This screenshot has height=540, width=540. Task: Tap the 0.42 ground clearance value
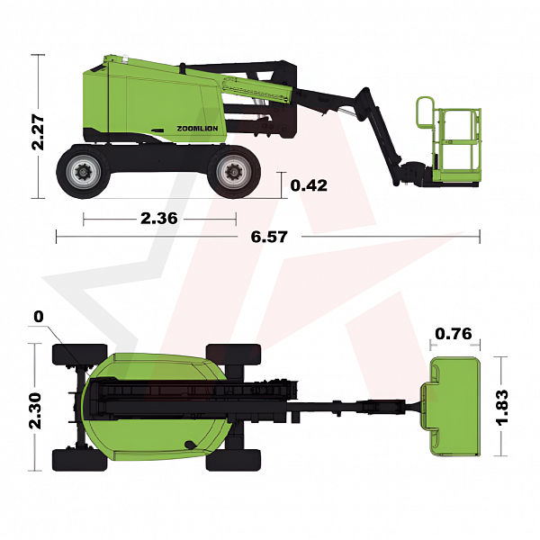[x=309, y=185]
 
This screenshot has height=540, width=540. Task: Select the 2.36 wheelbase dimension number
[x=159, y=219]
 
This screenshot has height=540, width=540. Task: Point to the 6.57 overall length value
[x=269, y=237]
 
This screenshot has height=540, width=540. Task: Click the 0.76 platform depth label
[x=454, y=334]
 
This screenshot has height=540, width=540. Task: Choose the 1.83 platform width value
[x=502, y=408]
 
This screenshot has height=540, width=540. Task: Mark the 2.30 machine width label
[x=35, y=411]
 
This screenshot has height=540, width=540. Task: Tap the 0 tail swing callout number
[x=39, y=317]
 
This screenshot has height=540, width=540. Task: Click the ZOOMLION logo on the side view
[x=197, y=129]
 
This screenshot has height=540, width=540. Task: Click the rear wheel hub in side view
[x=83, y=172]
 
